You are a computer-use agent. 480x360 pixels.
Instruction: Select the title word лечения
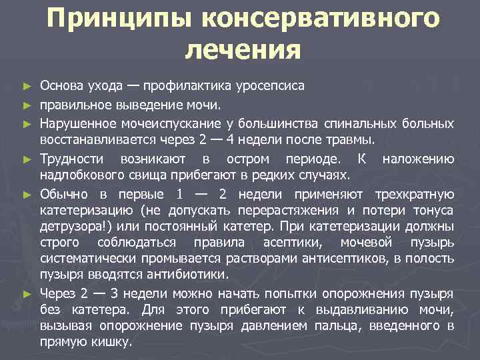[243, 50]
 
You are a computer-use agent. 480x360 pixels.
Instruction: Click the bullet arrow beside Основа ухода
[27, 87]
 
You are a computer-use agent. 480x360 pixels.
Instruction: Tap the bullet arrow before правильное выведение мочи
[27, 105]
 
